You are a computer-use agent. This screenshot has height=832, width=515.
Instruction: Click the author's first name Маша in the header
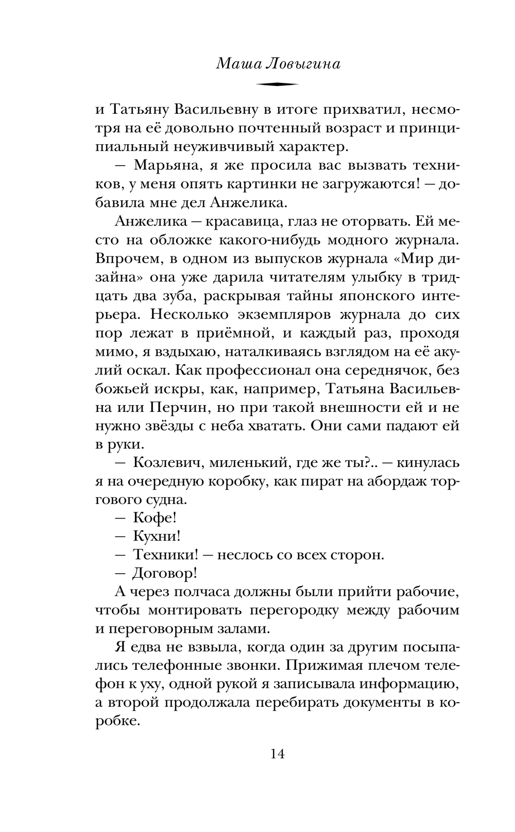(x=234, y=64)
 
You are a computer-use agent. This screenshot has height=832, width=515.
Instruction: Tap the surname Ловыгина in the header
(x=303, y=64)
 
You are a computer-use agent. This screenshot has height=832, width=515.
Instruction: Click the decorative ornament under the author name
(x=277, y=84)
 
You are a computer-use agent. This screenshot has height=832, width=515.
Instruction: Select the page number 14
(x=277, y=754)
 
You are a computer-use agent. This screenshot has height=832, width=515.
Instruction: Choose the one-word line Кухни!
(x=157, y=536)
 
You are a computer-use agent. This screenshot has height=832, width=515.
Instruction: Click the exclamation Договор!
(x=165, y=574)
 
